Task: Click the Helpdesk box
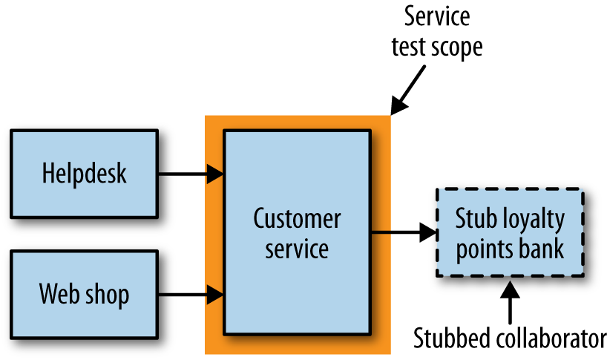(x=84, y=174)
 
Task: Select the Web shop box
(x=84, y=295)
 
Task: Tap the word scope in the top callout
(x=458, y=48)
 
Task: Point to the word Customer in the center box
(x=297, y=219)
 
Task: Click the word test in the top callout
(x=411, y=48)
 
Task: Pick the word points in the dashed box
(x=485, y=248)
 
